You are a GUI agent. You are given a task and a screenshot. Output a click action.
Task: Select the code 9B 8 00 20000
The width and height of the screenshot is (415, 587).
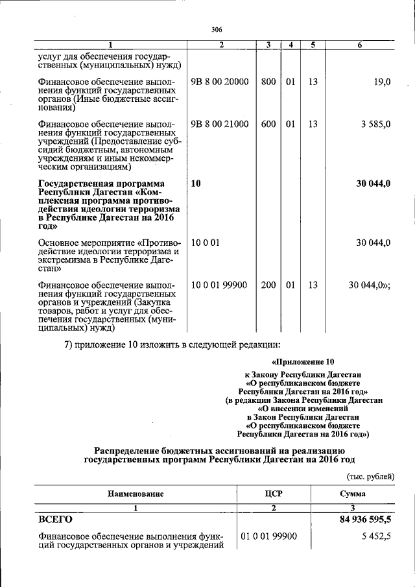(219, 82)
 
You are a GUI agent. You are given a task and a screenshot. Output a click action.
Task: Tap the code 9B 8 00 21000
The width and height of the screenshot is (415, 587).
(219, 124)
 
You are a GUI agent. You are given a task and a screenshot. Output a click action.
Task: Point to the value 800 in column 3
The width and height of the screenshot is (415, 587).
(268, 82)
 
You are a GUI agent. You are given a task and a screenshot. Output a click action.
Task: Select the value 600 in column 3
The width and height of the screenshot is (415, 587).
(268, 124)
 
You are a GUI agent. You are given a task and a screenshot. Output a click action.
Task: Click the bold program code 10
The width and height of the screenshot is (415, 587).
(196, 184)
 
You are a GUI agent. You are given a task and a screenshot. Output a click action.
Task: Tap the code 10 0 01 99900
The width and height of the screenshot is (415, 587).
(219, 285)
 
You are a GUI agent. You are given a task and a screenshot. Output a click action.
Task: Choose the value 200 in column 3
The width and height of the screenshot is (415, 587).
(268, 285)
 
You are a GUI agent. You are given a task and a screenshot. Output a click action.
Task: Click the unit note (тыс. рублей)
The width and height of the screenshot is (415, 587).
(370, 477)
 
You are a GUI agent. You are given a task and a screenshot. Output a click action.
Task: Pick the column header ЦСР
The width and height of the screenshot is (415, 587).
(274, 494)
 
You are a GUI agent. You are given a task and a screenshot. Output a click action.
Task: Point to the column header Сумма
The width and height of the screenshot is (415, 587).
(353, 494)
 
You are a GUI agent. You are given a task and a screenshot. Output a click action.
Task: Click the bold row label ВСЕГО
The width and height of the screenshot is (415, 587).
(56, 520)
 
